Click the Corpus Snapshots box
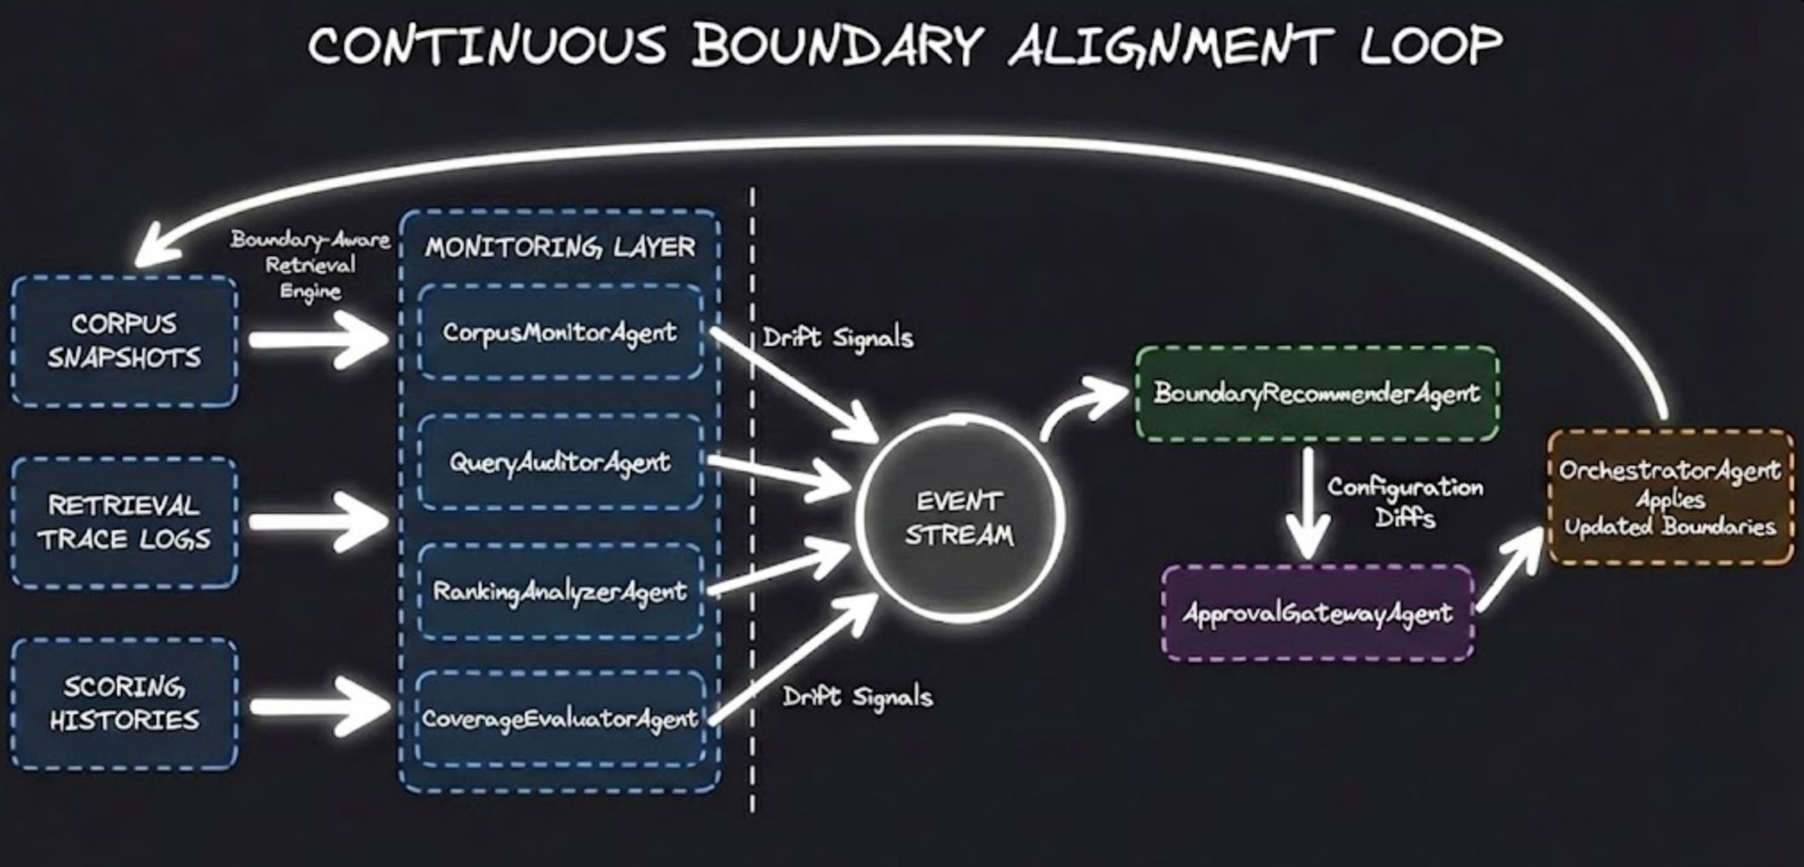(124, 341)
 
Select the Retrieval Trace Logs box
(124, 522)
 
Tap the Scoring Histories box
(124, 703)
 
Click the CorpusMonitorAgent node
(560, 332)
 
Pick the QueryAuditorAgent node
(560, 462)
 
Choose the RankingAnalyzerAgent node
(560, 591)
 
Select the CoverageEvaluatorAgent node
(560, 719)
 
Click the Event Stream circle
(959, 518)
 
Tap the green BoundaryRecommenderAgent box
(1317, 393)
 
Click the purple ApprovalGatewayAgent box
(1317, 613)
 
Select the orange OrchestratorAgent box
(1670, 497)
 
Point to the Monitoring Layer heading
(560, 247)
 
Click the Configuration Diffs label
(1404, 502)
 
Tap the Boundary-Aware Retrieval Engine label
(310, 265)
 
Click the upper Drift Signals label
(838, 338)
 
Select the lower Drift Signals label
(857, 696)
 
